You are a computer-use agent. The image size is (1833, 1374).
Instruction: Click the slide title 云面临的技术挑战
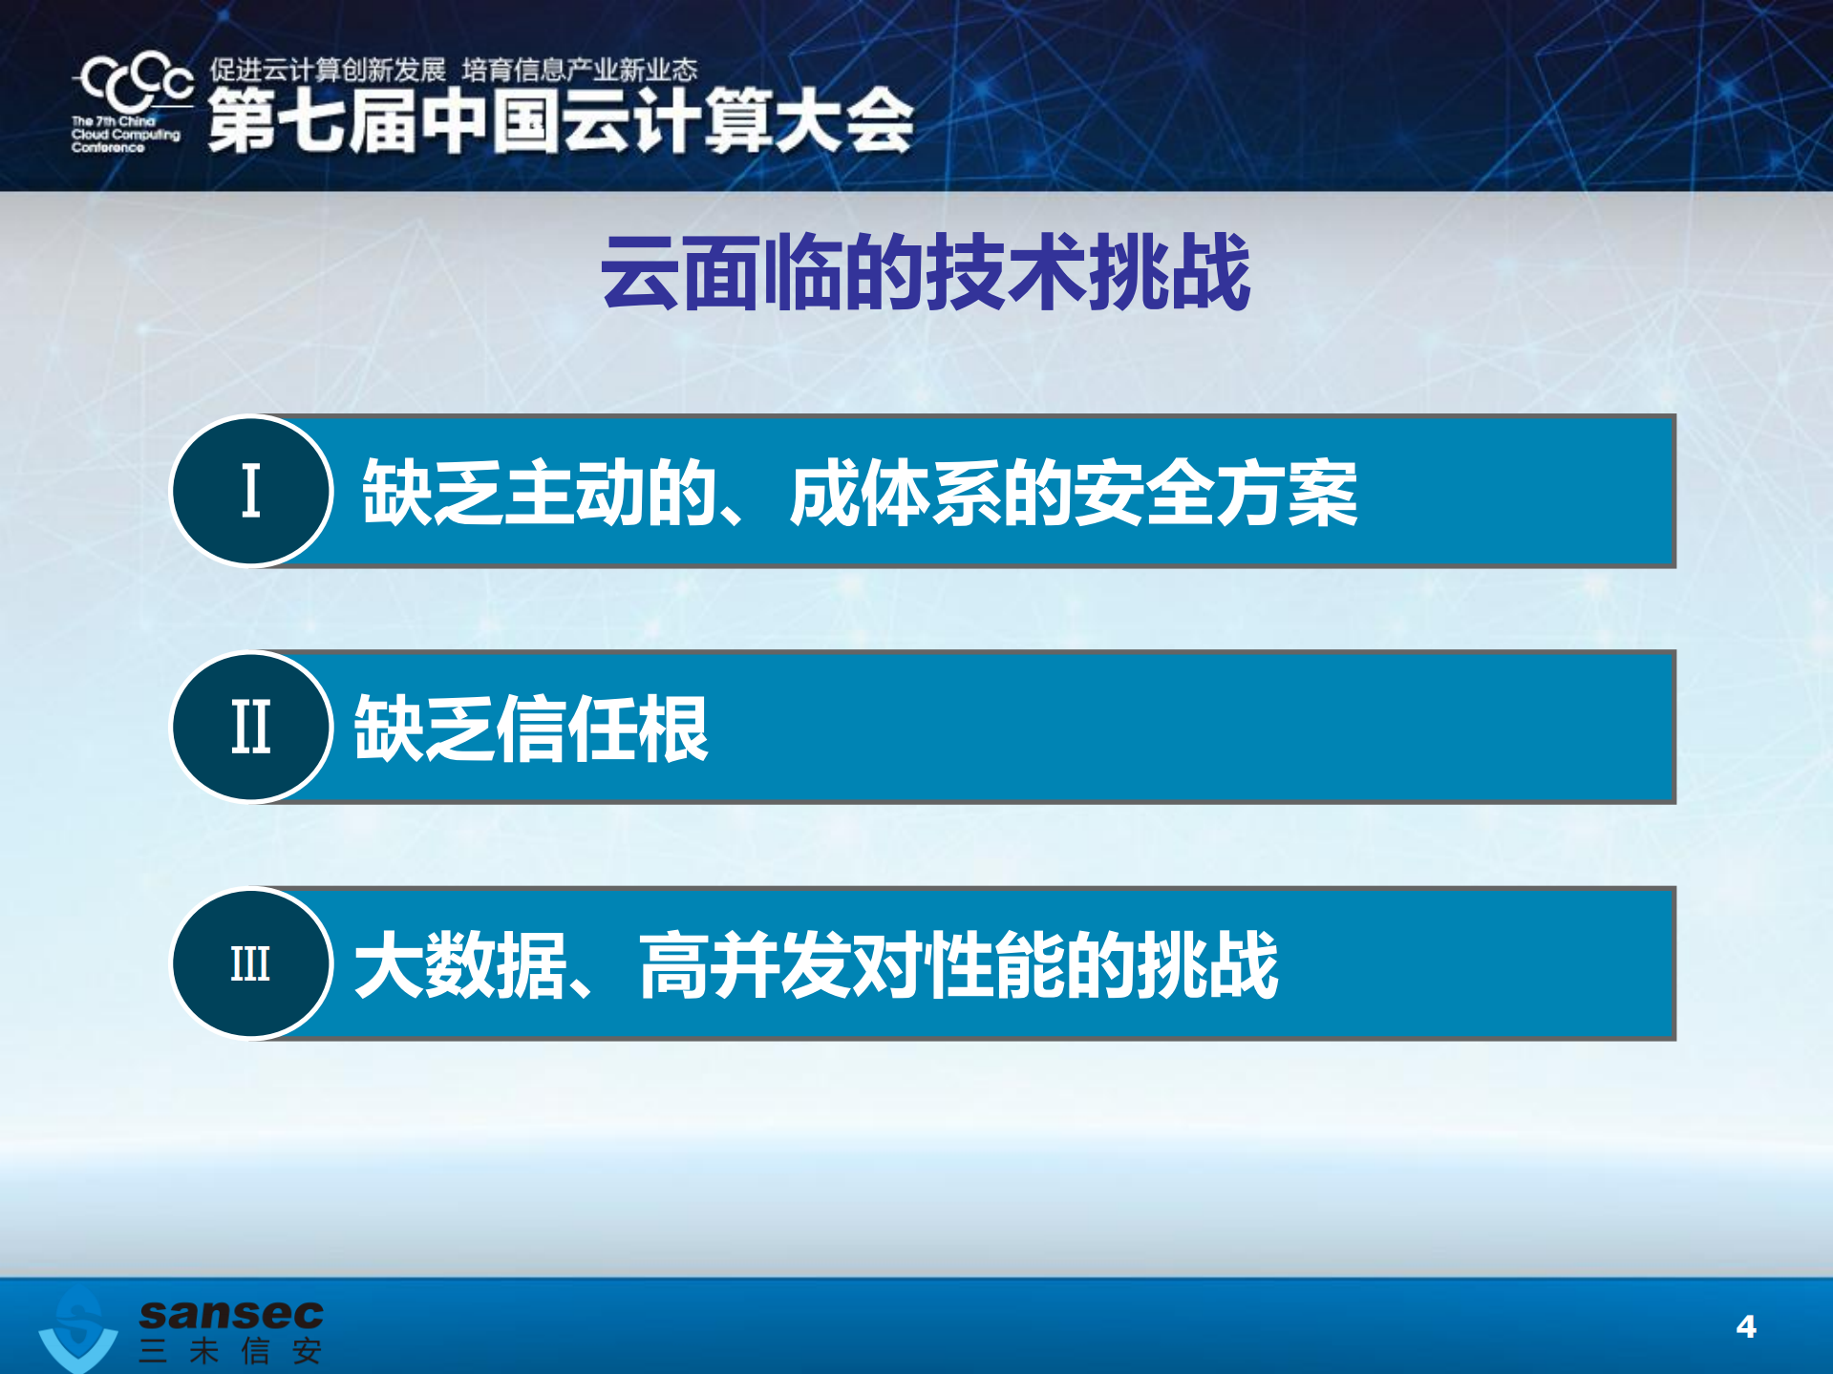pos(925,273)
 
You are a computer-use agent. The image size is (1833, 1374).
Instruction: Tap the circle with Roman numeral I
pos(251,491)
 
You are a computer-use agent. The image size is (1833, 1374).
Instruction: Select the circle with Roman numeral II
pos(251,727)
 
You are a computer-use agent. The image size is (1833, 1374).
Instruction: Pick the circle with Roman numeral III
pos(251,962)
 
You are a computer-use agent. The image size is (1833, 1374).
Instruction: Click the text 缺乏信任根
pos(531,729)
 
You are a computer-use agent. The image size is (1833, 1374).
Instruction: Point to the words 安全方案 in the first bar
pos(1215,493)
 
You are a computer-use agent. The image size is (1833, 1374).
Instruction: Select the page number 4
pos(1746,1326)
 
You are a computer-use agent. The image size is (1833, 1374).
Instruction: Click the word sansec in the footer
pos(231,1314)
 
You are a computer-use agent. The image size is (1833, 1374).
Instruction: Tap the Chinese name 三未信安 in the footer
pos(230,1351)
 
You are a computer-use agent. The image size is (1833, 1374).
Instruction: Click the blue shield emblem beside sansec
pos(78,1330)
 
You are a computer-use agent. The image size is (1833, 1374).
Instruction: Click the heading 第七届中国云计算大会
pos(561,121)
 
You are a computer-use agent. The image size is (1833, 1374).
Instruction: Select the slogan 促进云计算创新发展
pos(328,70)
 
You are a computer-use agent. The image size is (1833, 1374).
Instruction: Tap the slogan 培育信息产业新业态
pos(580,70)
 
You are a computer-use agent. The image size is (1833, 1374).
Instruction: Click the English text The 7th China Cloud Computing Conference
pos(124,135)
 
